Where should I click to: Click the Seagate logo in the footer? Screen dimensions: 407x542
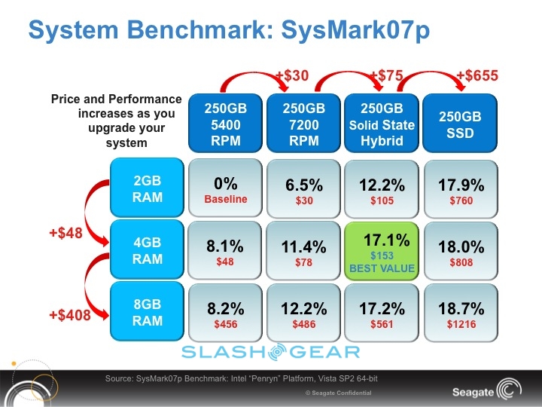(483, 392)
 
